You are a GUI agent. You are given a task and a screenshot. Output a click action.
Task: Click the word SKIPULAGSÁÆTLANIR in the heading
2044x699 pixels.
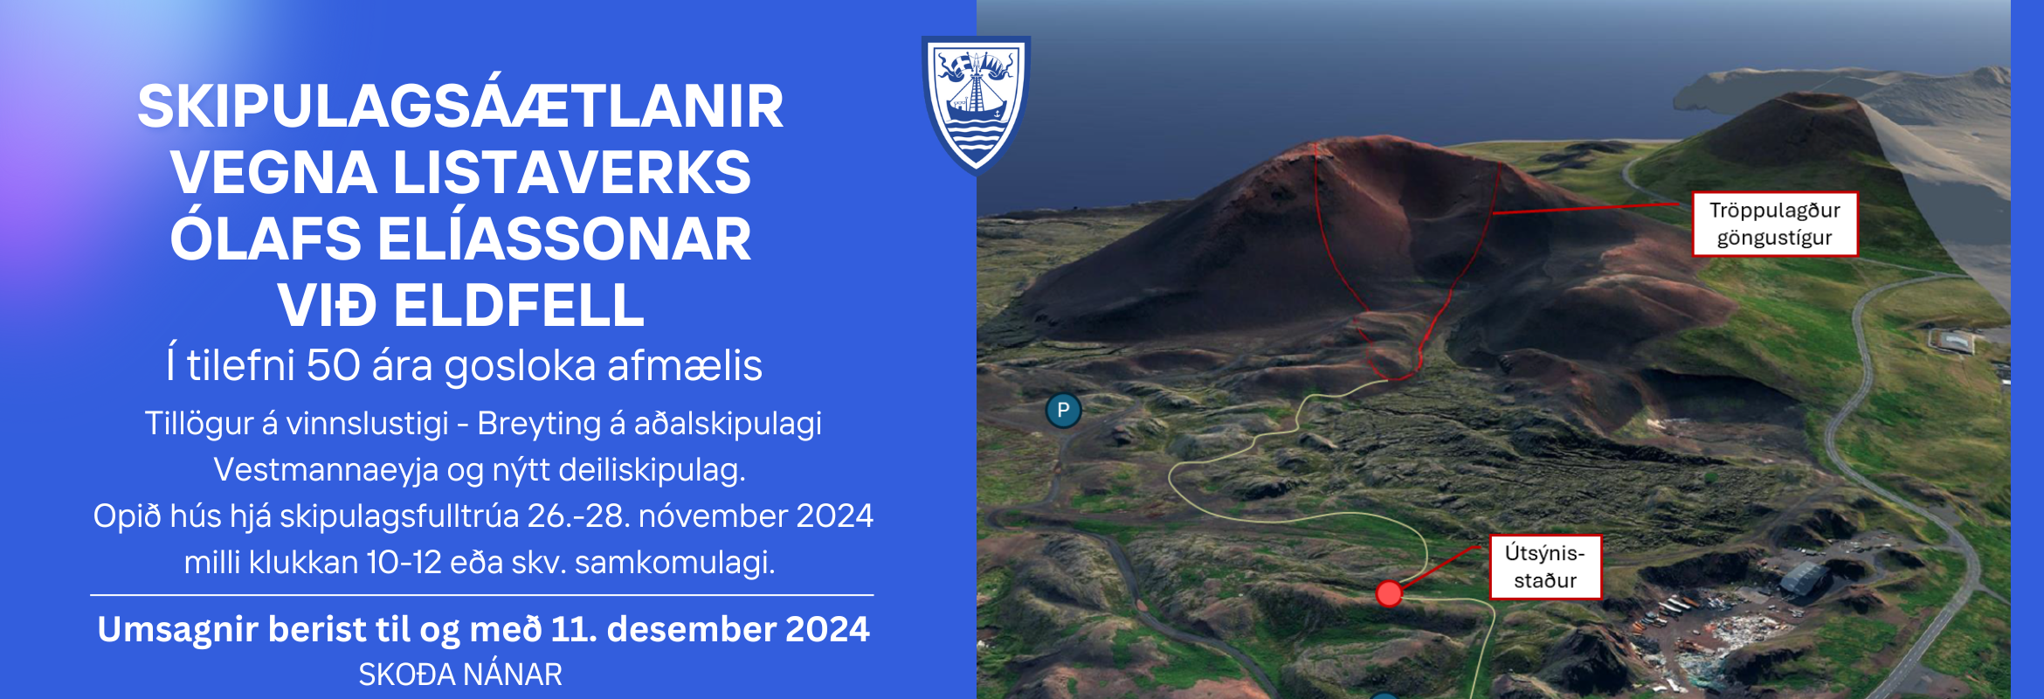(460, 107)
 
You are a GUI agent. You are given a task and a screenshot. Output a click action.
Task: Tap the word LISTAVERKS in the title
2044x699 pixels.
(572, 172)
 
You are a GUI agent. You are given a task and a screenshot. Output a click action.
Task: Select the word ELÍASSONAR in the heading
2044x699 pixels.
(564, 239)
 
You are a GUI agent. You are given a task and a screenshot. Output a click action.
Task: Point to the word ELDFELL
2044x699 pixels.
(519, 305)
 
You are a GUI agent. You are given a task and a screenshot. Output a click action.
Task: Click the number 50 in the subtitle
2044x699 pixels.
(333, 365)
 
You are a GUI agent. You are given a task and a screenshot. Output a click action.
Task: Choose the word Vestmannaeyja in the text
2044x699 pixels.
(326, 470)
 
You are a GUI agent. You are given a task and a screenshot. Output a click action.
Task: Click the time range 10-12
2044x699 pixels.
(404, 562)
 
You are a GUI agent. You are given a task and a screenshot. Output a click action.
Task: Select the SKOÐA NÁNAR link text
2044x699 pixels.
(460, 675)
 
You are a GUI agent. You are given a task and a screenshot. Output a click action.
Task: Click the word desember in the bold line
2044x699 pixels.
(690, 629)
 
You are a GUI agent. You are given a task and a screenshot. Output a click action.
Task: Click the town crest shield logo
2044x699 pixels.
(976, 105)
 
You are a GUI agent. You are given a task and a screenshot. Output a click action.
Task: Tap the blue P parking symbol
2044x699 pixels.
(1063, 410)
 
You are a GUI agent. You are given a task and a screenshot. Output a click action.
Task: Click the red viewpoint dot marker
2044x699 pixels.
(1389, 594)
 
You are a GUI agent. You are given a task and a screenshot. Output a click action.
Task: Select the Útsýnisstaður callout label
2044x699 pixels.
(1545, 567)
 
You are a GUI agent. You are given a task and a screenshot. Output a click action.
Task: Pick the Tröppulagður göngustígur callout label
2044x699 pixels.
(1774, 224)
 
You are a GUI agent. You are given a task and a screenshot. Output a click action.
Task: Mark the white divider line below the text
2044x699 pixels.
(482, 595)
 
